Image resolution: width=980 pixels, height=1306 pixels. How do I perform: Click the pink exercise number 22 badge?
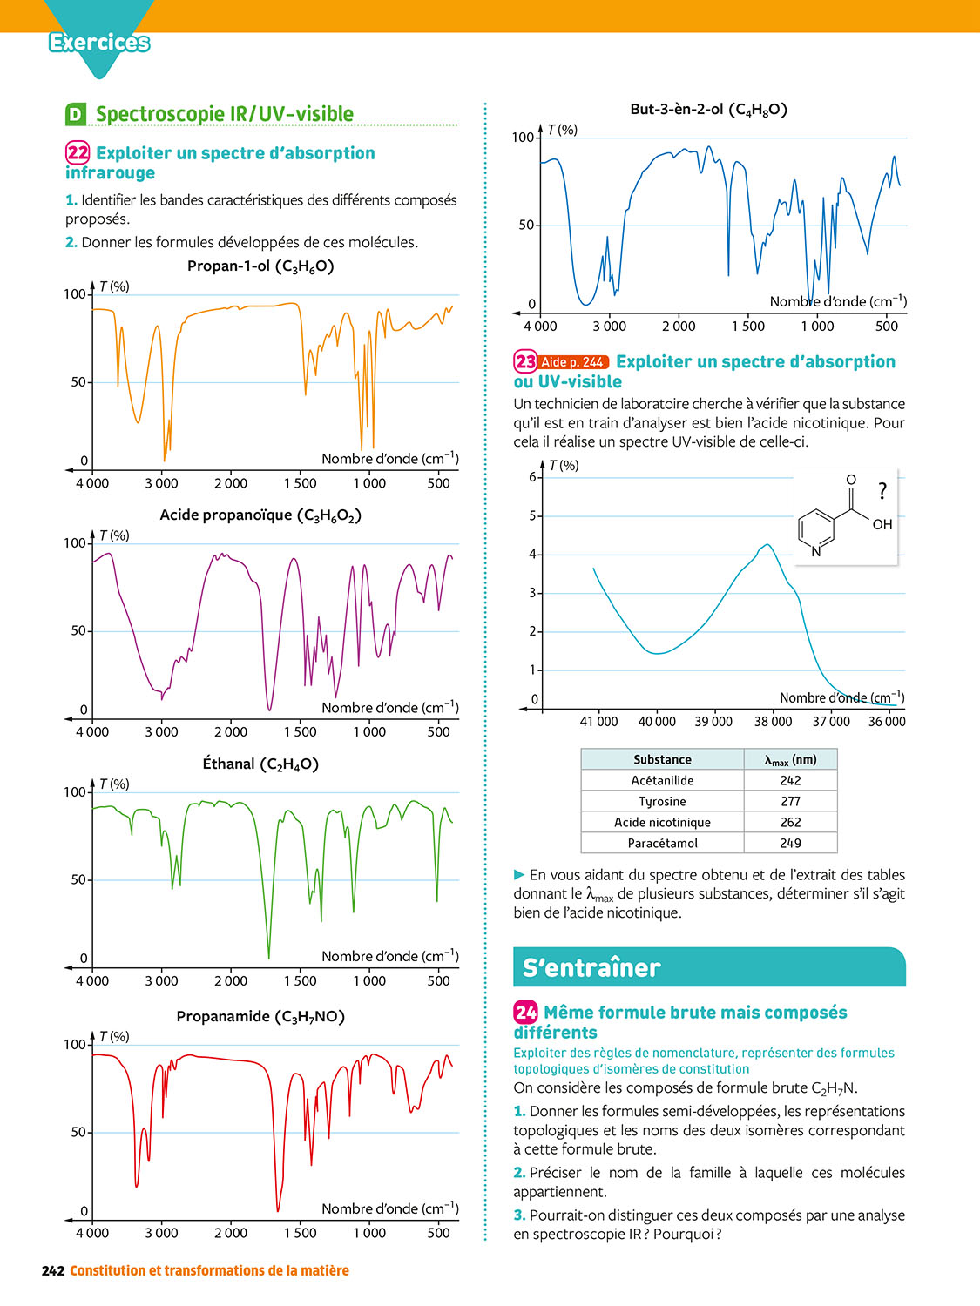(78, 153)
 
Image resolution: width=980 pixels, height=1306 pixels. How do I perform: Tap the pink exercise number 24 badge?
(525, 1012)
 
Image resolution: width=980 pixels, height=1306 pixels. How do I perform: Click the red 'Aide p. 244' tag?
(572, 362)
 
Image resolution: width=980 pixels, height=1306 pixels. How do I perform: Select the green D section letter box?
(76, 114)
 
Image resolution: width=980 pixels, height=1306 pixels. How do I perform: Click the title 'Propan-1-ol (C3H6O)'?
(260, 266)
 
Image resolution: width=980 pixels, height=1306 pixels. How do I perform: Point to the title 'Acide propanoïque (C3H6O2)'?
(260, 515)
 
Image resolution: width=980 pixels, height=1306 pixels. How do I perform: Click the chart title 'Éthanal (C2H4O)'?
(260, 764)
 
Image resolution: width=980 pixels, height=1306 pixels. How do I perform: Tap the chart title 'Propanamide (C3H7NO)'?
(260, 1017)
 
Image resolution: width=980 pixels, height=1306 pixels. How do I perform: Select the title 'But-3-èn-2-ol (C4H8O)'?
(708, 110)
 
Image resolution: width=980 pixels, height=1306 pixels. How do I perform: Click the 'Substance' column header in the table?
(662, 759)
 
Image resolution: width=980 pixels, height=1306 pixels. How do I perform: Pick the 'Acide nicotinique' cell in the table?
(662, 822)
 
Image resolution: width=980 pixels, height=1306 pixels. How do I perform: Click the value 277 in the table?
(790, 801)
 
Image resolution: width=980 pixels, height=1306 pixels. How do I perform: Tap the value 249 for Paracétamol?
(790, 843)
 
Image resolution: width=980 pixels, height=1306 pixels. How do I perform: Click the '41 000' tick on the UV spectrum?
(598, 721)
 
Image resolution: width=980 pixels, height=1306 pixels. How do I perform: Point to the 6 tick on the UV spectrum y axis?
(533, 477)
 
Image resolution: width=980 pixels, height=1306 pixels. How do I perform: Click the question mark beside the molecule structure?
(882, 492)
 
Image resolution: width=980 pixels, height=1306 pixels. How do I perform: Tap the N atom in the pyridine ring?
(816, 551)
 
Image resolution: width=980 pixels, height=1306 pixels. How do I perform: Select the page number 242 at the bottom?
(53, 1270)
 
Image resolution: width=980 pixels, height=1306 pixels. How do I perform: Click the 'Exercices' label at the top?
(99, 42)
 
